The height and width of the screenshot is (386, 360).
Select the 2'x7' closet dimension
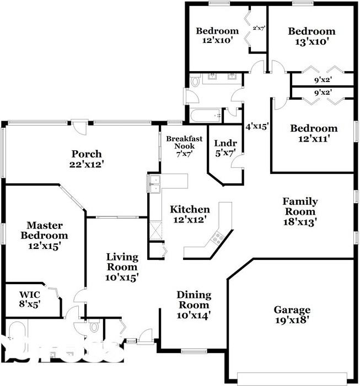point(259,27)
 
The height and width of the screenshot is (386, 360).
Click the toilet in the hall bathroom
point(195,83)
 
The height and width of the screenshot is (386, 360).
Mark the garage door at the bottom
point(292,378)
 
